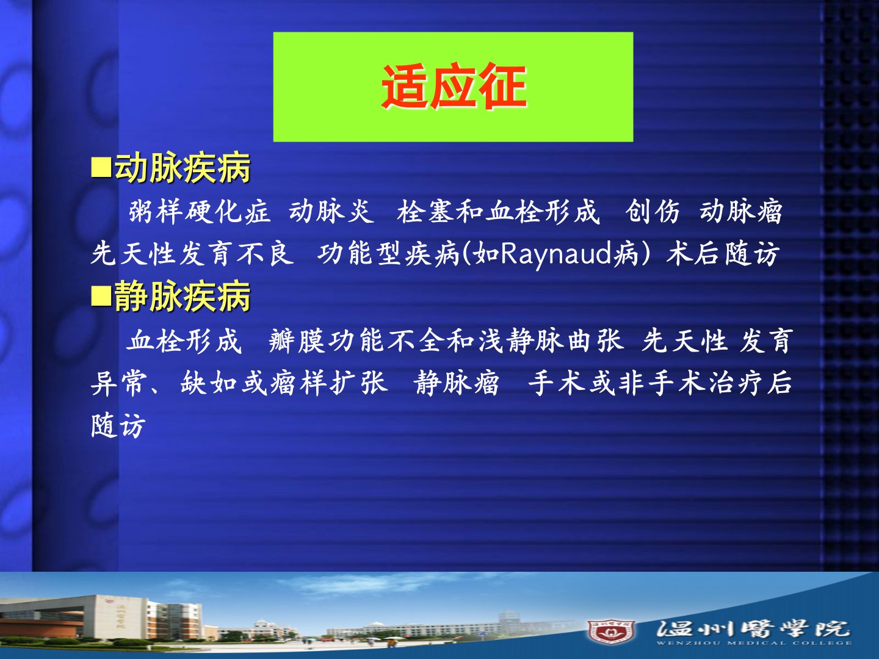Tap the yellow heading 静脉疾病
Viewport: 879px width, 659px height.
click(x=183, y=297)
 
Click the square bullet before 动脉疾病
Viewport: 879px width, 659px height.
click(x=101, y=168)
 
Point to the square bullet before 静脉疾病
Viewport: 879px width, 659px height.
click(x=101, y=297)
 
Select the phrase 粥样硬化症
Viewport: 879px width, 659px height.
click(x=199, y=211)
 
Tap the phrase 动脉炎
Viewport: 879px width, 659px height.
click(x=331, y=211)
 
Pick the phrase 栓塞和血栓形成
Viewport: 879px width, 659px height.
click(x=499, y=211)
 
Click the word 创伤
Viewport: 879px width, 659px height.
click(x=653, y=211)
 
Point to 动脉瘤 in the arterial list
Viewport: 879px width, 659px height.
click(x=741, y=211)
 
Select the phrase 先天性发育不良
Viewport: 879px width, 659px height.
click(x=192, y=254)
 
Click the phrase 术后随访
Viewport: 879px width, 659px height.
click(x=723, y=254)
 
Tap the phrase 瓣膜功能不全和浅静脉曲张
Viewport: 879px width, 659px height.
click(x=446, y=341)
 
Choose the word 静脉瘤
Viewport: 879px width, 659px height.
click(x=457, y=383)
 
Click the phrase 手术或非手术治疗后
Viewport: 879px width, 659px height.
click(x=660, y=383)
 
